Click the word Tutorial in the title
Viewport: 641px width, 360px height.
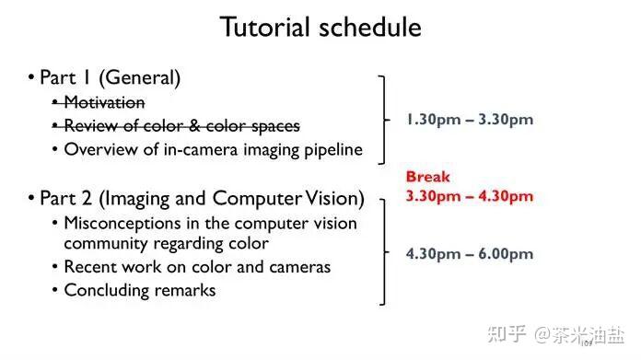click(264, 27)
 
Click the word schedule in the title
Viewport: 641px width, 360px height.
click(370, 27)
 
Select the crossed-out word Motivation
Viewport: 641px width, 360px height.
click(104, 102)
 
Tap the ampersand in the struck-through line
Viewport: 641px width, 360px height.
click(194, 126)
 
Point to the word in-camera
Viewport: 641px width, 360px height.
click(201, 149)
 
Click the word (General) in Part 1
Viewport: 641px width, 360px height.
click(139, 77)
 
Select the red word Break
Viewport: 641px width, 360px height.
click(427, 177)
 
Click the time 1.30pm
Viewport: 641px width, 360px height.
click(434, 120)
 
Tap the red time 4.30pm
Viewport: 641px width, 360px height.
click(506, 196)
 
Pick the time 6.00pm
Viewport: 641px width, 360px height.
click(506, 254)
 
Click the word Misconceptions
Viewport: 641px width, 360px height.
click(122, 224)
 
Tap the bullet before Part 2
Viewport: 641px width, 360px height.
click(31, 198)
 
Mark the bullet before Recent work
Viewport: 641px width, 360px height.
click(54, 267)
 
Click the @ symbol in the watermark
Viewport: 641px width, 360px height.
click(542, 334)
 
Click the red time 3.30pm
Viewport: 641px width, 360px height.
click(434, 196)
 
